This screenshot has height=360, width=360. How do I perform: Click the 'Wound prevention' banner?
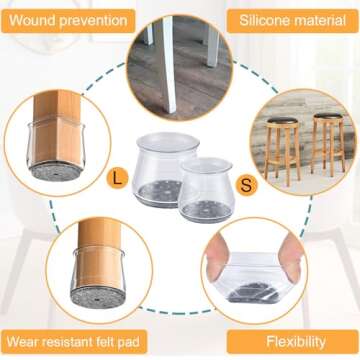68,19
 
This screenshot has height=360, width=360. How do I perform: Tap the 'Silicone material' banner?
290,19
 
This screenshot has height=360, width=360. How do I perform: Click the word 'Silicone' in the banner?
263,19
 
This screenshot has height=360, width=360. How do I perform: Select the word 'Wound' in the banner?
37,19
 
